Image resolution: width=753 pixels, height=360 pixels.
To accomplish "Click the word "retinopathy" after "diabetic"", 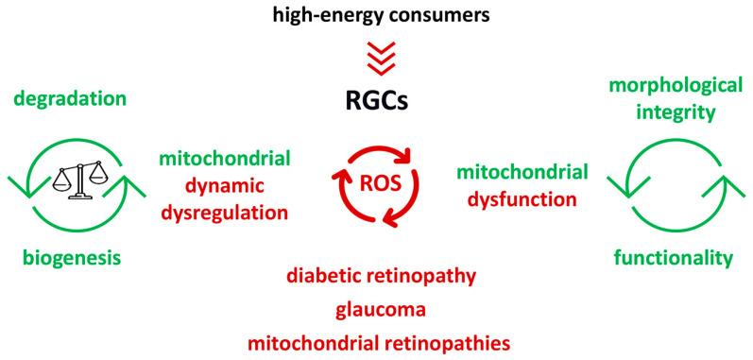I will [x=424, y=277].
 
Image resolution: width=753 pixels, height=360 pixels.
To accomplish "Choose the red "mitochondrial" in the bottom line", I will [x=314, y=337].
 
